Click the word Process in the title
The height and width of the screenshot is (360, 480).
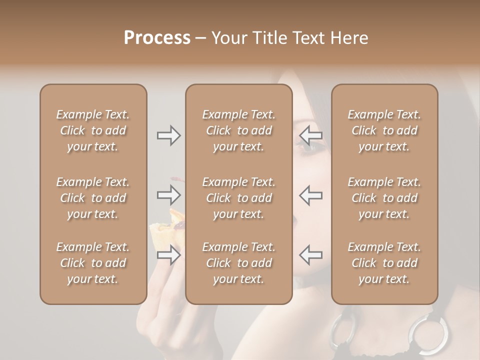(157, 38)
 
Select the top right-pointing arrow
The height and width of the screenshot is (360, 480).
(168, 135)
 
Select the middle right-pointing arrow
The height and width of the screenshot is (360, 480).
(168, 194)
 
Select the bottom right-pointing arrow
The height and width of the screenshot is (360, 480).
(168, 254)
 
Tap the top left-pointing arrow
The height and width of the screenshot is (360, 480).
(310, 135)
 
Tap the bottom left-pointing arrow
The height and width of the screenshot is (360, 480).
(310, 254)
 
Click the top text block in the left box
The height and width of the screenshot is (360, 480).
(93, 130)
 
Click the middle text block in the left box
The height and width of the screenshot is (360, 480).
(93, 198)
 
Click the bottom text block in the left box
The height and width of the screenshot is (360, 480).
(93, 263)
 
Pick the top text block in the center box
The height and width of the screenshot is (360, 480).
(238, 130)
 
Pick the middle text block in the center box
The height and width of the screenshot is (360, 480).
(238, 198)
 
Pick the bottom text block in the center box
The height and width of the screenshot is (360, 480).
(238, 263)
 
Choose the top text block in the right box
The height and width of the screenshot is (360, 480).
(384, 130)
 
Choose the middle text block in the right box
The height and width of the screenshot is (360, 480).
(384, 198)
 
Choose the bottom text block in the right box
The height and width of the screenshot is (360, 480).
(384, 263)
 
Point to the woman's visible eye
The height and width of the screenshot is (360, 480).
(305, 145)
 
